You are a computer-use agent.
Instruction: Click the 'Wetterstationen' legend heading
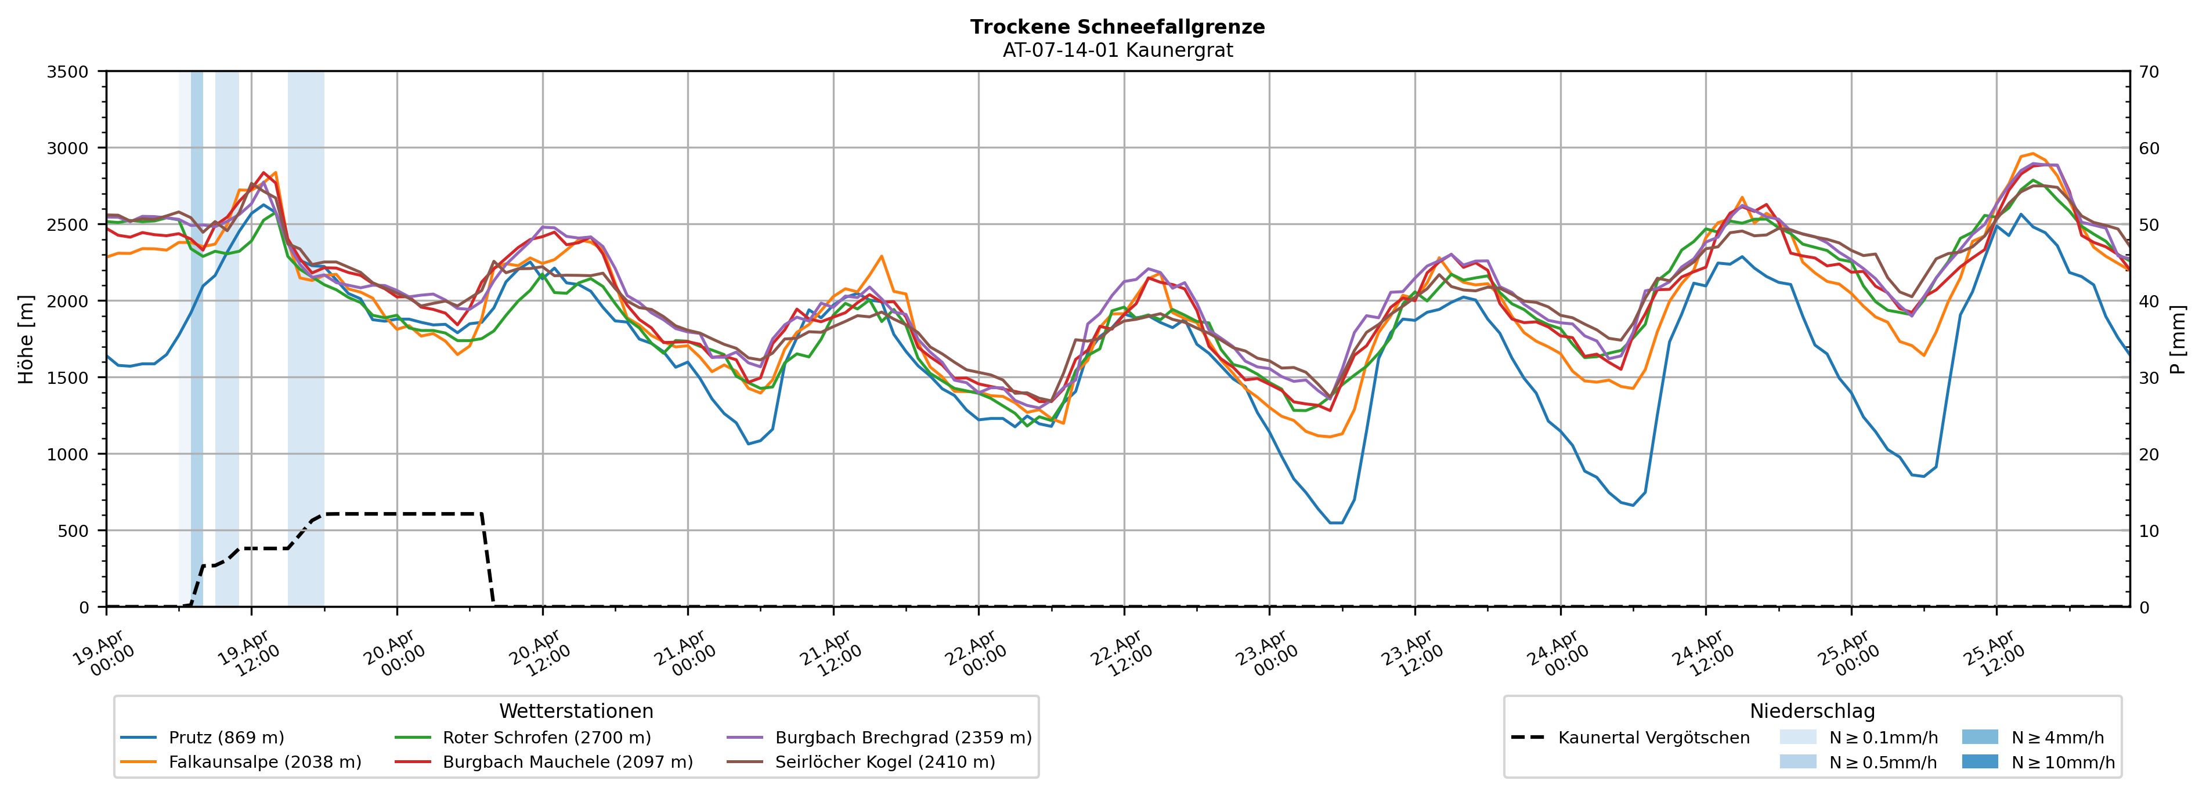coord(576,711)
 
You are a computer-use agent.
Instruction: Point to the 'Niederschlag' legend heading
coord(1812,711)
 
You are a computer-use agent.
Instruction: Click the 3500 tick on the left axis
coord(68,72)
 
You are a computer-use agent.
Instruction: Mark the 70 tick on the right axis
coord(2149,72)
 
